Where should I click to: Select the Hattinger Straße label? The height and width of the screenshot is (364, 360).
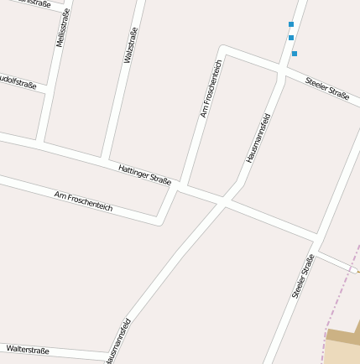(x=144, y=174)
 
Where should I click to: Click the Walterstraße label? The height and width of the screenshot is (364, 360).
(x=28, y=349)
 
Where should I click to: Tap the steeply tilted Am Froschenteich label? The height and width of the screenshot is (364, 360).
(x=211, y=88)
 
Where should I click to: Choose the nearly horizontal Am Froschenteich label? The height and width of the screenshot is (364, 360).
(x=83, y=200)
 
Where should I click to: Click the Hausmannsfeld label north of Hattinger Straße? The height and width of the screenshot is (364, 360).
(x=258, y=138)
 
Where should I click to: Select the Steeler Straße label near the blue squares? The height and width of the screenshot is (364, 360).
(x=326, y=88)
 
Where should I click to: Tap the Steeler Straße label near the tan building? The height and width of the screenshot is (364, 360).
(x=302, y=276)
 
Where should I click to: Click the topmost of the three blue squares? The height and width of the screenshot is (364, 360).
(x=291, y=24)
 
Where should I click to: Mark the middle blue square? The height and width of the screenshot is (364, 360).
(x=291, y=38)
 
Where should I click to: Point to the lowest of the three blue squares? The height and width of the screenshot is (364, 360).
(x=295, y=54)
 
